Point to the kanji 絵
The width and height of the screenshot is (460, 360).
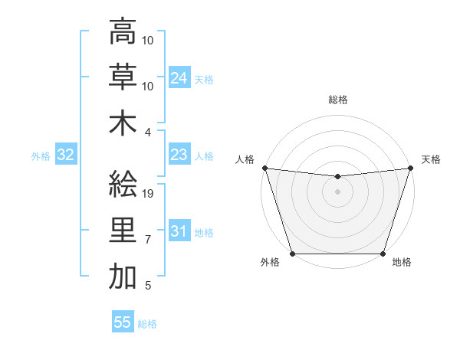pyautogui.click(x=123, y=185)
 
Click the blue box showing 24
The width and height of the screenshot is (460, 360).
pyautogui.click(x=179, y=77)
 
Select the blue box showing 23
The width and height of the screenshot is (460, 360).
pyautogui.click(x=179, y=155)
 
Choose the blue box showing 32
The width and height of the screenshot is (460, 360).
pyautogui.click(x=66, y=155)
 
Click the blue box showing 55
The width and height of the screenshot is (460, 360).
pyautogui.click(x=123, y=322)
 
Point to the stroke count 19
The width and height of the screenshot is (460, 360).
pyautogui.click(x=149, y=194)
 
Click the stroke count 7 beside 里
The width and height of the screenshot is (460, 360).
pyautogui.click(x=148, y=241)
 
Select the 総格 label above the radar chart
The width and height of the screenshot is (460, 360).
pyautogui.click(x=337, y=100)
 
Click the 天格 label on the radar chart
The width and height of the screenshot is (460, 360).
pyautogui.click(x=431, y=159)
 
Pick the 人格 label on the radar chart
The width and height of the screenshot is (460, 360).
pyautogui.click(x=245, y=159)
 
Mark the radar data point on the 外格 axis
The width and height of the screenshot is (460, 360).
pyautogui.click(x=292, y=254)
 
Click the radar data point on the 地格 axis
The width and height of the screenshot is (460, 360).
pyautogui.click(x=383, y=254)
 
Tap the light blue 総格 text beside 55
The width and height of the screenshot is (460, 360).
pyautogui.click(x=147, y=324)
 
